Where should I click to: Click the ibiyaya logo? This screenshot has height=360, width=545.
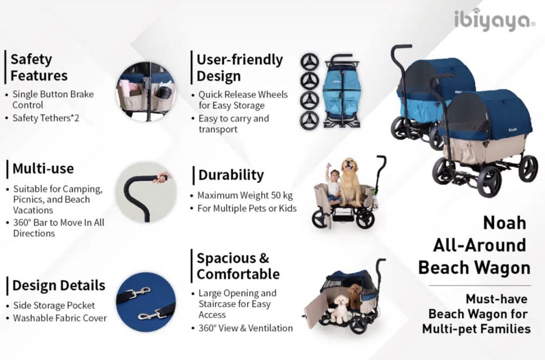pyautogui.click(x=495, y=21)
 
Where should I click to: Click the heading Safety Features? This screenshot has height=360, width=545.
pyautogui.click(x=39, y=67)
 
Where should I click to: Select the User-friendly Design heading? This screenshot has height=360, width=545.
pyautogui.click(x=239, y=67)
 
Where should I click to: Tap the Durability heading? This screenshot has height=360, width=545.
pyautogui.click(x=231, y=174)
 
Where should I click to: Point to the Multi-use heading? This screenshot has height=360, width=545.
pyautogui.click(x=43, y=169)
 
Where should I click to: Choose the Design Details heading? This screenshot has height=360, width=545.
pyautogui.click(x=59, y=285)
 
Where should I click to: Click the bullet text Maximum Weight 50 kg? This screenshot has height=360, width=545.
pyautogui.click(x=245, y=195)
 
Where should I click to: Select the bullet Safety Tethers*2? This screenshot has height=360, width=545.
pyautogui.click(x=46, y=118)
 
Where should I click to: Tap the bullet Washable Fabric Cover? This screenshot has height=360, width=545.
pyautogui.click(x=60, y=318)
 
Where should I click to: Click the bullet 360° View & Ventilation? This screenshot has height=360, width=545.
pyautogui.click(x=245, y=328)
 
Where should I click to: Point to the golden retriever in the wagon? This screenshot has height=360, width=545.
pyautogui.click(x=350, y=182)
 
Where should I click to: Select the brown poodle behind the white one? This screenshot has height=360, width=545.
pyautogui.click(x=355, y=296)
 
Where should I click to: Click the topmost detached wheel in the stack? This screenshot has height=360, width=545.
pyautogui.click(x=309, y=62)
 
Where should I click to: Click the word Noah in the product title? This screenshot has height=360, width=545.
pyautogui.click(x=504, y=223)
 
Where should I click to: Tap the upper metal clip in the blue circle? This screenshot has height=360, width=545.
pyautogui.click(x=138, y=293)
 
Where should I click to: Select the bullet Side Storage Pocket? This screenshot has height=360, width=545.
pyautogui.click(x=54, y=305)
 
